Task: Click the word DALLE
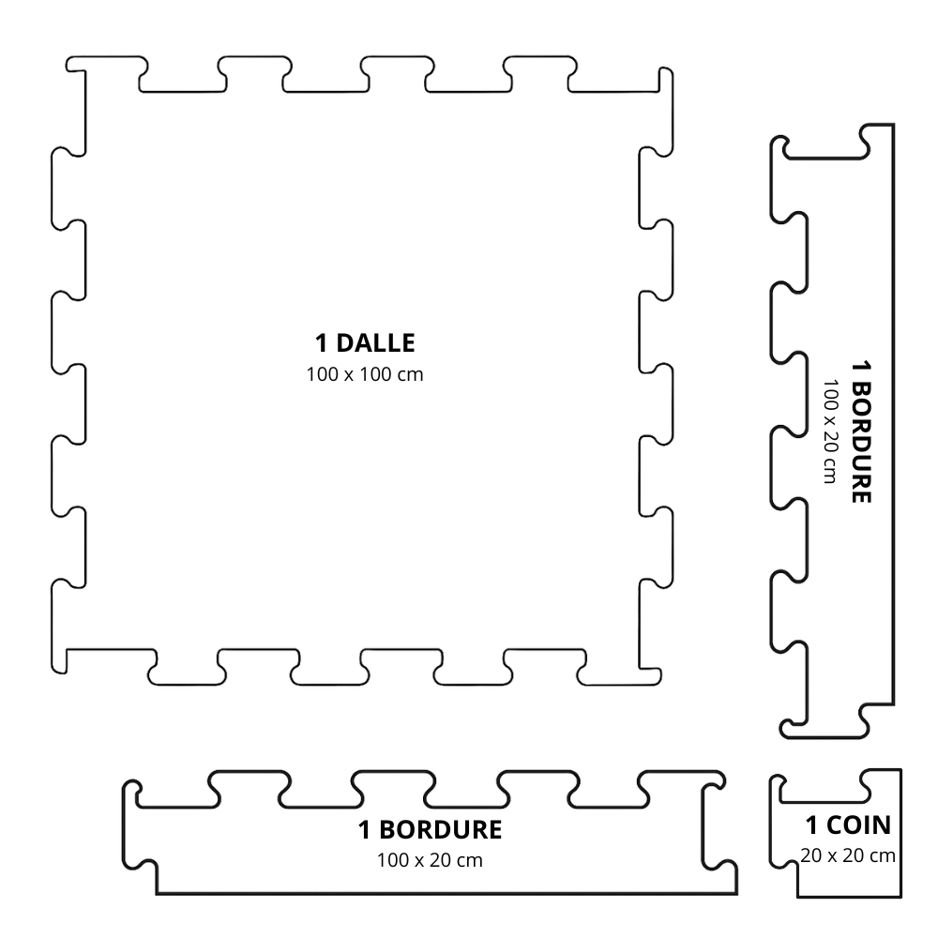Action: click(x=376, y=343)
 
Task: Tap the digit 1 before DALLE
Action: click(x=322, y=343)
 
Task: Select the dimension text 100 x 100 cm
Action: click(x=365, y=374)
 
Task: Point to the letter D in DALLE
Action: click(x=346, y=343)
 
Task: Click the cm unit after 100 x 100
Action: click(x=411, y=376)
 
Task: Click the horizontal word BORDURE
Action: click(x=441, y=830)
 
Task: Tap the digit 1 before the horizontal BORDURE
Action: click(x=364, y=830)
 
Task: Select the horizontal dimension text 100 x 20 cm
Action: click(x=430, y=860)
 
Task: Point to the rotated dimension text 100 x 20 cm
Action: click(x=830, y=431)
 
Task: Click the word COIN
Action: click(x=859, y=825)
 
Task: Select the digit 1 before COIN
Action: click(x=811, y=825)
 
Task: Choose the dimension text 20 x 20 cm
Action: click(x=848, y=856)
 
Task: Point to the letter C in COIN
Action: click(x=835, y=825)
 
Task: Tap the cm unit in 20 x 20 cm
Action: click(x=883, y=857)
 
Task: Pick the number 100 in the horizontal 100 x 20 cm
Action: click(x=392, y=860)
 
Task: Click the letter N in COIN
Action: click(x=882, y=825)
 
